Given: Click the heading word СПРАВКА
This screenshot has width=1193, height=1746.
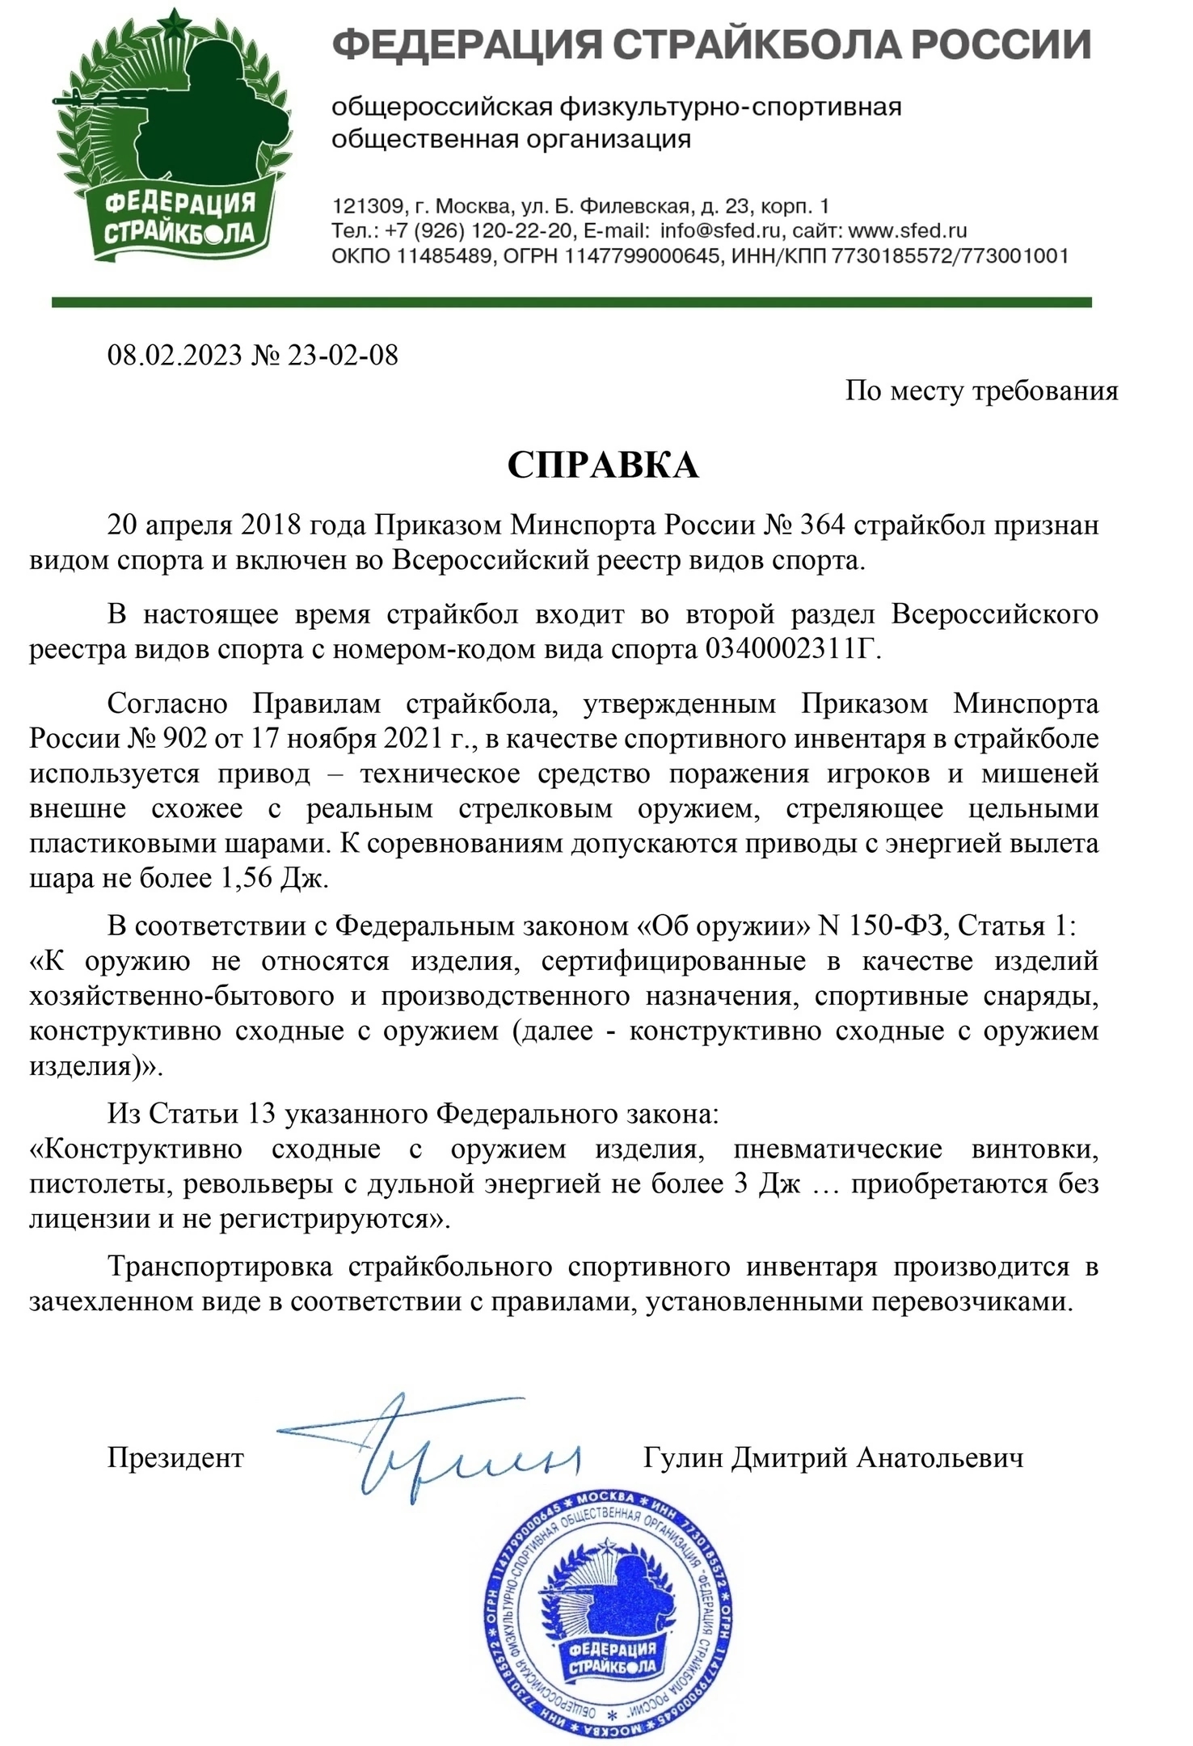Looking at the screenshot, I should tap(602, 466).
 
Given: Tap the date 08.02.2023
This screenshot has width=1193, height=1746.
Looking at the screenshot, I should tap(175, 355).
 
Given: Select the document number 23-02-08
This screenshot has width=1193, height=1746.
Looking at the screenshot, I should tap(343, 355).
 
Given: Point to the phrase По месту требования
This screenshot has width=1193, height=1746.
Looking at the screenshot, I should tap(981, 391).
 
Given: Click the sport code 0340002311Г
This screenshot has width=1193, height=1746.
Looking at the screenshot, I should tap(790, 649).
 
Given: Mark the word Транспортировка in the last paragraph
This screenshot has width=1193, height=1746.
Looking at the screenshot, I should tap(220, 1266).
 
